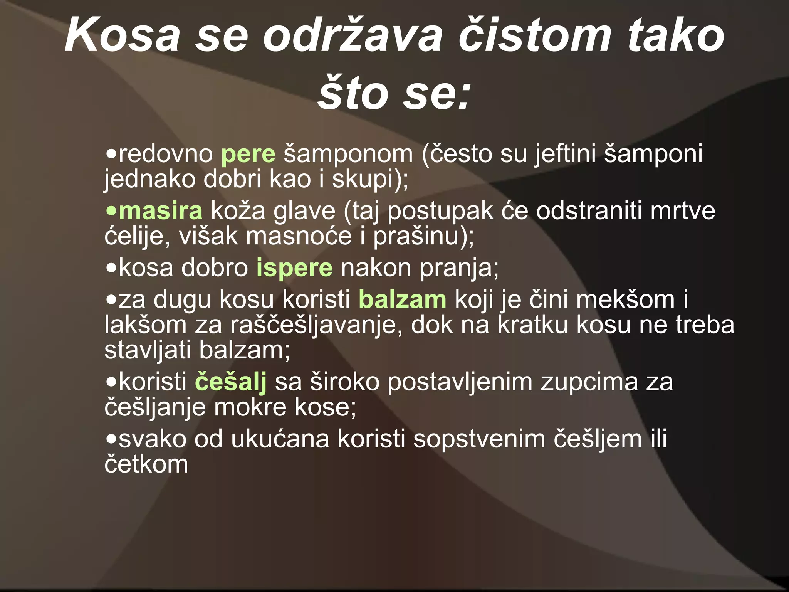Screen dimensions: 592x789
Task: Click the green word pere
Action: click(x=248, y=154)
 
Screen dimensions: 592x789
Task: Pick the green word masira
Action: click(x=160, y=211)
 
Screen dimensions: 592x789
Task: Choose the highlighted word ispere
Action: click(x=294, y=267)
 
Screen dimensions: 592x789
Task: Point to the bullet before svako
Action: click(x=111, y=439)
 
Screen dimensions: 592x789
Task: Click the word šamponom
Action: click(x=348, y=154)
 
